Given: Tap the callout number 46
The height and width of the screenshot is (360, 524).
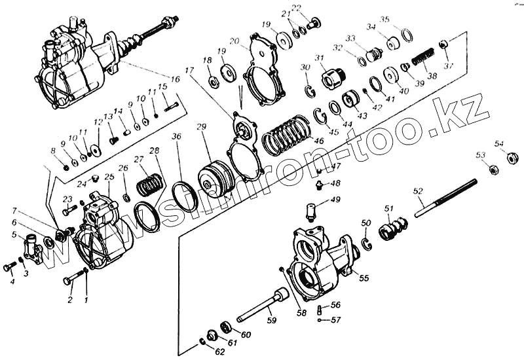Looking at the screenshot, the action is (x=319, y=140).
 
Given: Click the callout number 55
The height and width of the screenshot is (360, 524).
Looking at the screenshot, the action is (x=364, y=278).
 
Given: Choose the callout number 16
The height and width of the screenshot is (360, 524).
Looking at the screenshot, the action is (x=175, y=79).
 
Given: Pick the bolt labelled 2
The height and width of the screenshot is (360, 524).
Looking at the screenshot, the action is (x=71, y=279).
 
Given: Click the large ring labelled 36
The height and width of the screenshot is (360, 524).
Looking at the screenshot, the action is (x=185, y=196).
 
